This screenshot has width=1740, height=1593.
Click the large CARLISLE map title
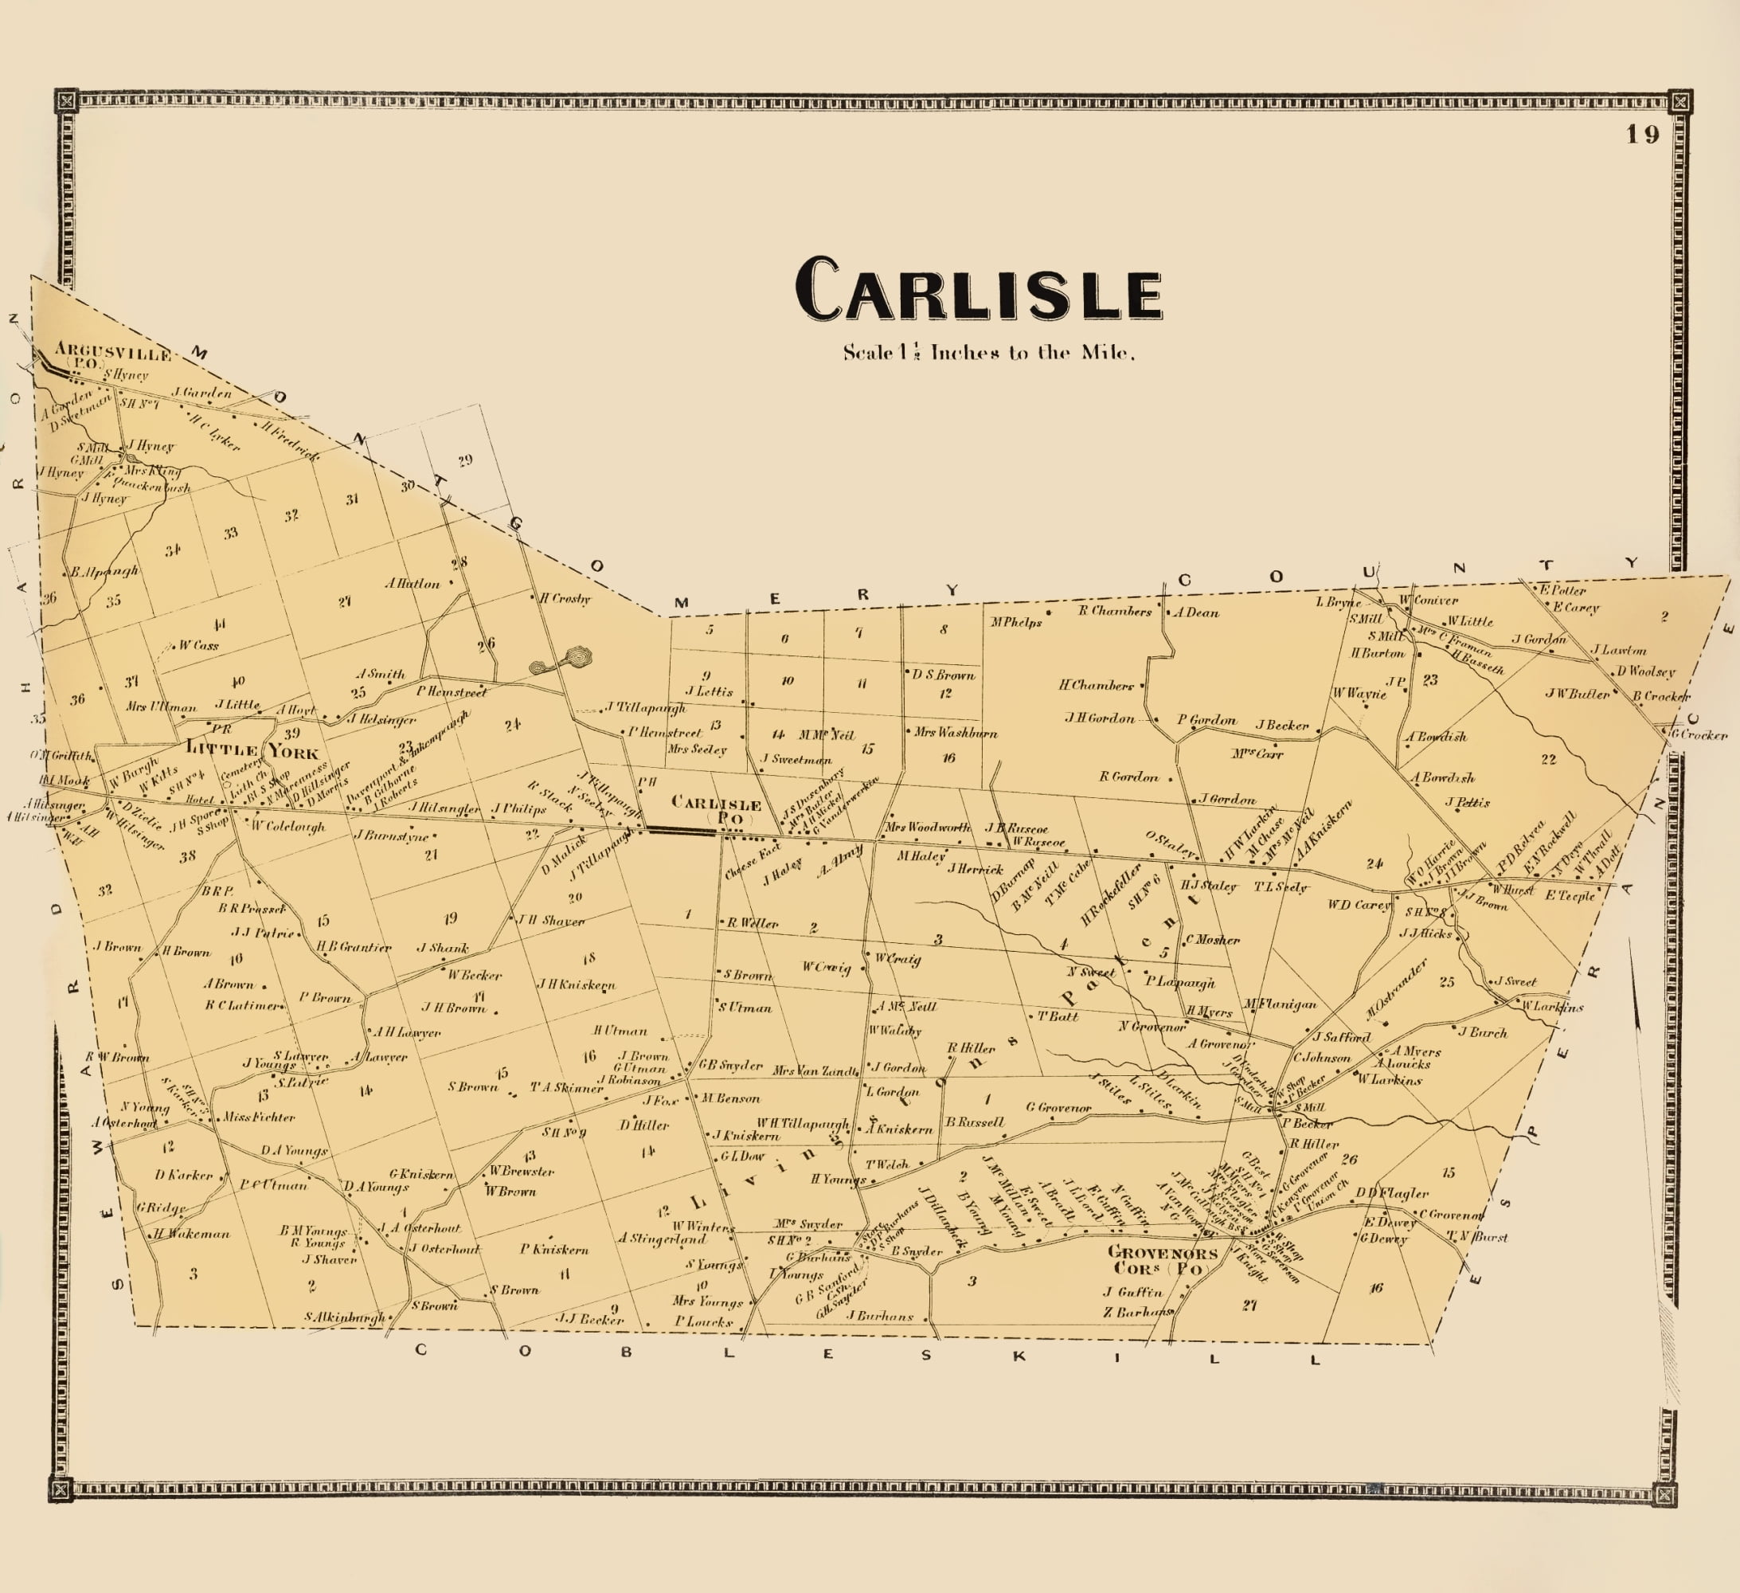click(x=978, y=290)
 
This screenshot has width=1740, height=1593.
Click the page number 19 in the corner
click(x=1643, y=135)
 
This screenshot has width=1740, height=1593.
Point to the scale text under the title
click(x=988, y=352)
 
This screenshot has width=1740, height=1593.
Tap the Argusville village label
click(x=112, y=352)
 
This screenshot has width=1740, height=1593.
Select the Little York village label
click(x=251, y=750)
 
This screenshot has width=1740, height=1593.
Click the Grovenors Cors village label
click(x=1162, y=1260)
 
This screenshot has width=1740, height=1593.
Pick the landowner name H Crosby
click(x=565, y=598)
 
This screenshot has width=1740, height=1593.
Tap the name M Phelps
click(x=1016, y=621)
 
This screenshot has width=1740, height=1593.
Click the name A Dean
click(x=1196, y=613)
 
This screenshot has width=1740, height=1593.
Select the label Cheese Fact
click(x=753, y=862)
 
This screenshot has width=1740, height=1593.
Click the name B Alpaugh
click(x=104, y=572)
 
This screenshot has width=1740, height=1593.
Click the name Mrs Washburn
click(x=956, y=733)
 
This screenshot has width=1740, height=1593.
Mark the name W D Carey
click(x=1359, y=905)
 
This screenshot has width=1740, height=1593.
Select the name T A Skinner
click(x=566, y=1088)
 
